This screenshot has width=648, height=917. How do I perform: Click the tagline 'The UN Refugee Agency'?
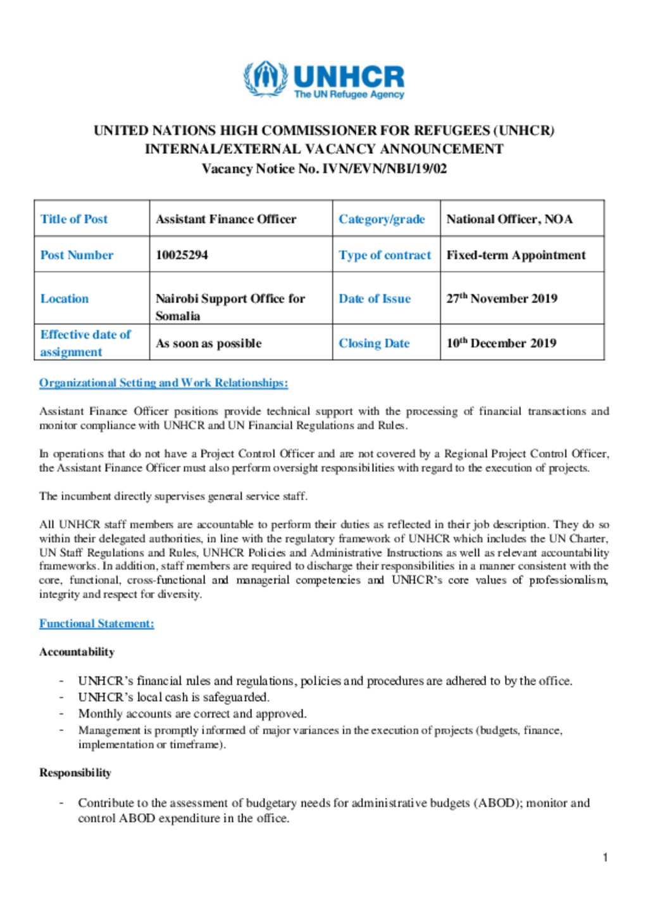349,95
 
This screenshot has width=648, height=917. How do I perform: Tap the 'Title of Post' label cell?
74,219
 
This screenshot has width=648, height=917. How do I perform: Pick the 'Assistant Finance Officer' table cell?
226,219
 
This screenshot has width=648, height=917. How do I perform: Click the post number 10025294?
182,255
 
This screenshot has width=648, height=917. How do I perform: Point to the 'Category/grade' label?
382,219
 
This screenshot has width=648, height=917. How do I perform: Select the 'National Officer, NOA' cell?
509,219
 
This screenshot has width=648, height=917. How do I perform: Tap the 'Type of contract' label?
385,255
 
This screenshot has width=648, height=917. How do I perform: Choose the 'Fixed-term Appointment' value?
516,255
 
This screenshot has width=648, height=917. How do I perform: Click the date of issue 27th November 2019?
502,299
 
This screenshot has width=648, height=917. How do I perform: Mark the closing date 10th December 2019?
501,343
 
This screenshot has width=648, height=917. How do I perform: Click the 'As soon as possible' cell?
208,343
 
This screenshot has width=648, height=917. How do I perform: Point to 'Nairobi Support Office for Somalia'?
230,307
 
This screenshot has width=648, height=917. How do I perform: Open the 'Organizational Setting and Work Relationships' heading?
163,383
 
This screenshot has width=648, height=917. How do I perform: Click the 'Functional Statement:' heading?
97,623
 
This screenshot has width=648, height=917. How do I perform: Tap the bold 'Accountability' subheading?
77,652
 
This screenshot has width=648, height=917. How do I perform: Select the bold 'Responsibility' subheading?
75,773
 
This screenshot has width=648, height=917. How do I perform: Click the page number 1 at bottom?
606,858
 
